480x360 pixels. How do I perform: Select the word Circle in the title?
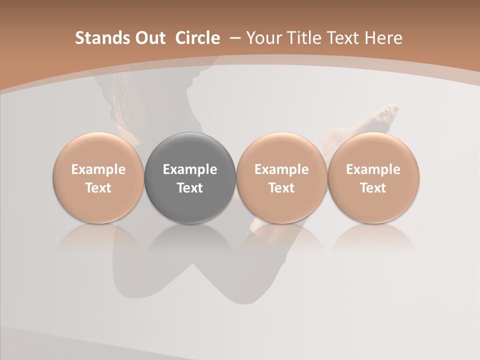(x=197, y=38)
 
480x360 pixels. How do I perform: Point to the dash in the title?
(x=234, y=38)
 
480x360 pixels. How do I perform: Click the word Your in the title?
(x=262, y=38)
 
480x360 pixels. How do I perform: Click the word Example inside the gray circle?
(x=190, y=169)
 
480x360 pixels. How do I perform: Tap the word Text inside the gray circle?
(x=190, y=188)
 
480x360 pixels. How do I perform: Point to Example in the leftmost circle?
(x=98, y=169)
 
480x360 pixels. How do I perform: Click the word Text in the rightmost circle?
(x=373, y=188)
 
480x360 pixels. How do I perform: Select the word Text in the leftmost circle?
(x=98, y=188)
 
